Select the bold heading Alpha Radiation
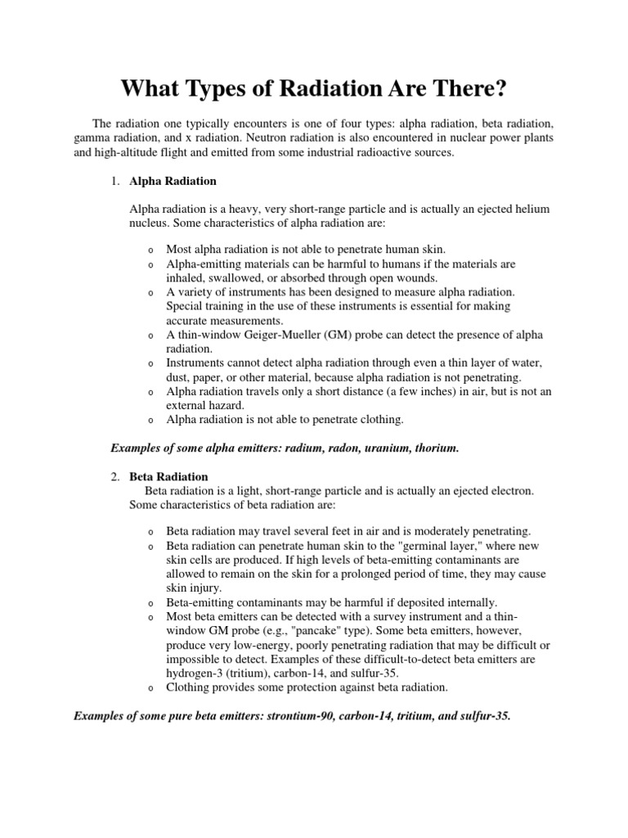(x=173, y=181)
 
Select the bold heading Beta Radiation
(x=168, y=476)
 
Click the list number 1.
(x=115, y=181)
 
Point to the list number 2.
(x=115, y=476)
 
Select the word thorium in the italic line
(x=437, y=448)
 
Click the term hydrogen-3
(x=195, y=674)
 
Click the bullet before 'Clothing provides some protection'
(x=151, y=689)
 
